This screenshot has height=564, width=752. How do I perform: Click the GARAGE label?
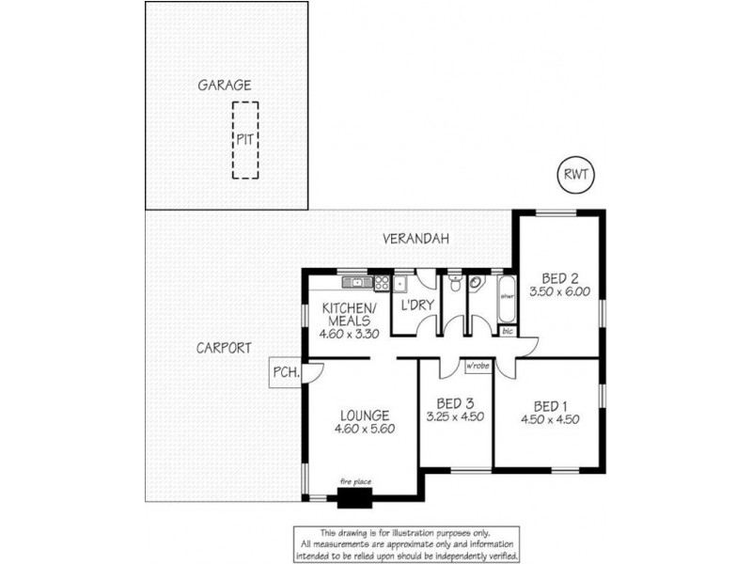(x=224, y=85)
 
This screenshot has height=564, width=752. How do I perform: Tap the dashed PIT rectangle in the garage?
(x=244, y=140)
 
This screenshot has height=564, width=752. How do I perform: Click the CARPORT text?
(x=224, y=347)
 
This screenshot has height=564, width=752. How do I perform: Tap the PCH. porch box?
(x=284, y=372)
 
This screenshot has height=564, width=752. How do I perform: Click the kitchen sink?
(x=357, y=281)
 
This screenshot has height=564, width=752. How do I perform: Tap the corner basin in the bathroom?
(x=476, y=284)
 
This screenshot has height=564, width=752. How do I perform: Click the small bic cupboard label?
(x=508, y=331)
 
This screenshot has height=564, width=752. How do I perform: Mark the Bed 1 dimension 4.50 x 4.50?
(x=549, y=419)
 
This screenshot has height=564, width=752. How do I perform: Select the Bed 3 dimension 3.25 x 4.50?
(x=455, y=416)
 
